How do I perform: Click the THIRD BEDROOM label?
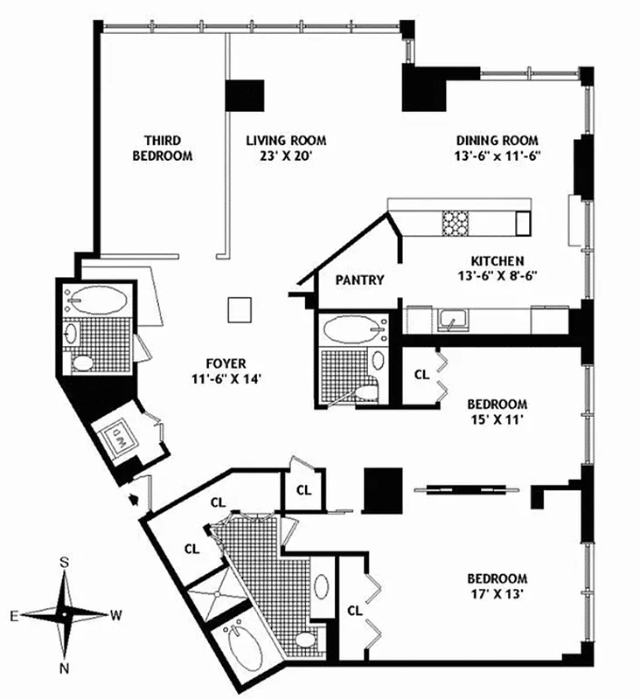click(162, 148)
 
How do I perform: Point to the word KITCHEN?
click(497, 260)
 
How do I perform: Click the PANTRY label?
click(359, 280)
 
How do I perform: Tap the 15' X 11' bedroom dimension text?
click(497, 419)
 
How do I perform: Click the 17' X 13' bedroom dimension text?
click(497, 594)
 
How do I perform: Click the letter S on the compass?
click(65, 561)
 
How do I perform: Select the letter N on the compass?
click(65, 669)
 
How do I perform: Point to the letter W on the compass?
click(115, 615)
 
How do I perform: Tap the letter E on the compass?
click(15, 615)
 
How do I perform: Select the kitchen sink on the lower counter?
click(452, 321)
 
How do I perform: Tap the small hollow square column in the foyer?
click(239, 310)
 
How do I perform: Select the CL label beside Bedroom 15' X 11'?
click(421, 375)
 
